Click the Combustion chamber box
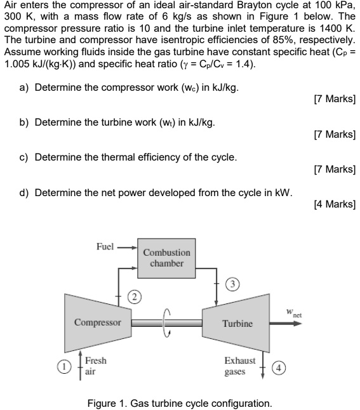pos(167,257)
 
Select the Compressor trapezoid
pos(97,321)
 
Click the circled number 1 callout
pos(63,366)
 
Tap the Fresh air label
pos(96,366)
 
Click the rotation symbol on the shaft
pos(168,322)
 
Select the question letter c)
pos(23,157)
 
